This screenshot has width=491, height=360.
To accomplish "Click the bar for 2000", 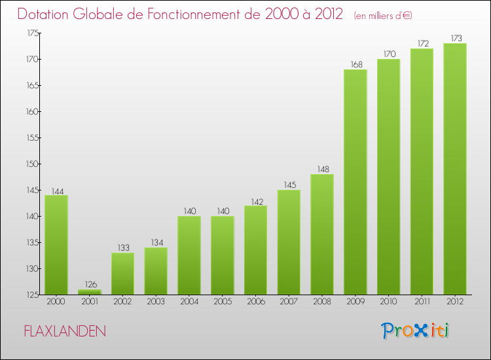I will point(56,245).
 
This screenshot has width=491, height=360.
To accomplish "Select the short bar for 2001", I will point(90,292).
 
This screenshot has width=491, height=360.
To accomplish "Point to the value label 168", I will point(355,64).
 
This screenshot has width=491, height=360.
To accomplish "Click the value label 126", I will point(90,284).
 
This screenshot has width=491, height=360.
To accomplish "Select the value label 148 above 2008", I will point(322,169).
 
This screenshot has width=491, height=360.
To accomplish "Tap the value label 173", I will point(455,38).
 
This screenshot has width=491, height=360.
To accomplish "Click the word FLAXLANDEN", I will point(64,331).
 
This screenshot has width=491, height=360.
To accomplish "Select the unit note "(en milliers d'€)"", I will point(383,15).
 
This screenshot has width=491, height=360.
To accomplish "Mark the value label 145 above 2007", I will point(289,185).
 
